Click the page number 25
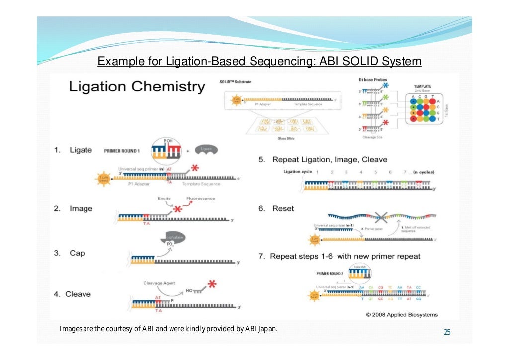447,332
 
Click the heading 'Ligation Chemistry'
137,87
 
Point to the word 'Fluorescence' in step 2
201,198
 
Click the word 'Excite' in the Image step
165,198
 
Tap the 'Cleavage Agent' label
159,283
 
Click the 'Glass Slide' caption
286,139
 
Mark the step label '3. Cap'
70,253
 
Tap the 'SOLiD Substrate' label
236,81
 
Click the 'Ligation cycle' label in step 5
298,172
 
